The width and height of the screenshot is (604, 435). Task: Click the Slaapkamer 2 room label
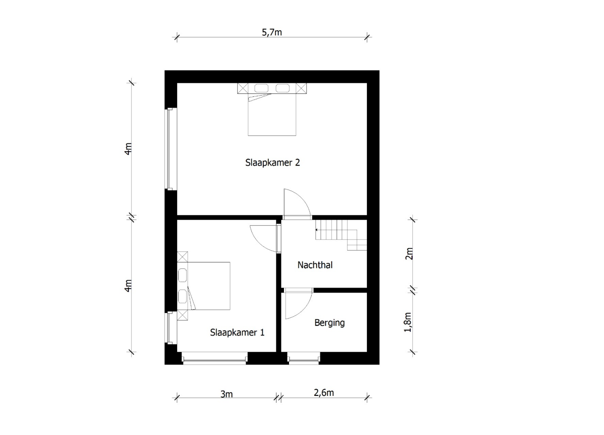272,163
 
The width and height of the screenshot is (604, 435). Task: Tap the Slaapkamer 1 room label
237,333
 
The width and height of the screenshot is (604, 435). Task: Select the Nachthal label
315,265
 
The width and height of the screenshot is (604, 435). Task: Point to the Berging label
329,323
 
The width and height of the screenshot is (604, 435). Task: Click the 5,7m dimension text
272,32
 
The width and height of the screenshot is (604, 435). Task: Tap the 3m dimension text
227,394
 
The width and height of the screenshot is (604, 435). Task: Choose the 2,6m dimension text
324,393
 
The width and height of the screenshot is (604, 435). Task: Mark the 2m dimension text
409,253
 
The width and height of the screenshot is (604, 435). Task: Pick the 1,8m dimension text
408,322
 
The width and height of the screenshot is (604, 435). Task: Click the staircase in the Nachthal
341,235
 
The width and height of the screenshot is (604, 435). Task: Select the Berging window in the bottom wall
303,359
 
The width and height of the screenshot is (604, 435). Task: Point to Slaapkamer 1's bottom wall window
214,359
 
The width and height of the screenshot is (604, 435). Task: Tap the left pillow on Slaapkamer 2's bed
261,88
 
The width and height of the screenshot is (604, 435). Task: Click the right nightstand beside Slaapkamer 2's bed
301,88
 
